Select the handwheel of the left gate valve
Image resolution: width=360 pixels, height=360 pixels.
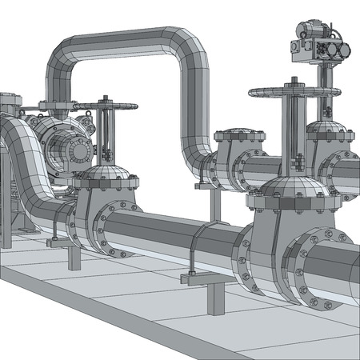(x=103, y=104)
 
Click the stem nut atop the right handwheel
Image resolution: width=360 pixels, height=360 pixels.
(x=292, y=81)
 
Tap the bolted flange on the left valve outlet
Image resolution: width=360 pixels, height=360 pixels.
(x=106, y=228)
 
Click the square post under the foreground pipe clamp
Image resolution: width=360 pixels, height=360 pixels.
(x=214, y=298)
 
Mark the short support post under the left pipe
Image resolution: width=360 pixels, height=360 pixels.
(x=74, y=258)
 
